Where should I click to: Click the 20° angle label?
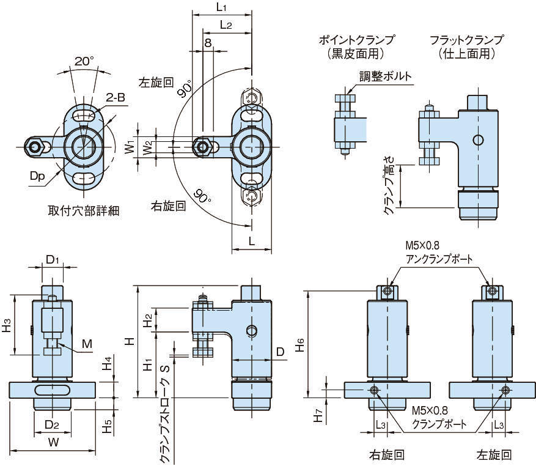coord(84,61)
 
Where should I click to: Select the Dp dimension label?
coord(37,176)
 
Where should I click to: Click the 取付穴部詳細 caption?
coord(84,211)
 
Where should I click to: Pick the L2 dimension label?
coord(225,25)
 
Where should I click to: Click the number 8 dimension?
coord(208,43)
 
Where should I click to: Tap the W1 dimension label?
coord(128,147)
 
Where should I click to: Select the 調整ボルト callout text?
coord(385,76)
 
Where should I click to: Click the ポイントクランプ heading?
coord(356,40)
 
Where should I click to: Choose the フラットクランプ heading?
coord(466,40)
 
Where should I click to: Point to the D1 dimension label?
coord(53,259)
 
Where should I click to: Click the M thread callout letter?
coord(87,344)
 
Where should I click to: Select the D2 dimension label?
coord(52,423)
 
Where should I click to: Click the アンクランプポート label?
coord(439,259)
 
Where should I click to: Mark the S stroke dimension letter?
coord(164,369)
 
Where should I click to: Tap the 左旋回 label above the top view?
coord(157,81)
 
